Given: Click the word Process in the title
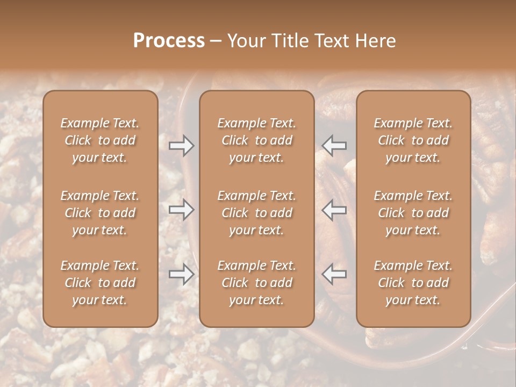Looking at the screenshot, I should (x=169, y=41).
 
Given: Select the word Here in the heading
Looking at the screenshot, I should (x=376, y=41).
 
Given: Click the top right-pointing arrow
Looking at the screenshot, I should (x=182, y=145).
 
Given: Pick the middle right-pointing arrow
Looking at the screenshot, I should (x=182, y=210).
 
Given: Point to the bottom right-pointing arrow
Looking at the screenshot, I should (x=182, y=274).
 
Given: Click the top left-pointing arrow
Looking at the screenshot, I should (x=334, y=145).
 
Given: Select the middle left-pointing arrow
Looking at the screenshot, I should (x=334, y=210).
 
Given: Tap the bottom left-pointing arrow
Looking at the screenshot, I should (x=334, y=274).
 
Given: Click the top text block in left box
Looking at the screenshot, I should (x=100, y=140).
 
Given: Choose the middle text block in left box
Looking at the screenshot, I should (x=100, y=213).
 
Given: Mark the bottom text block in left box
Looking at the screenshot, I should (x=100, y=283).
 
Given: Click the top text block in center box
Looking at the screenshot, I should (x=256, y=140).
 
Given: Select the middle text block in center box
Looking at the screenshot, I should (x=256, y=213).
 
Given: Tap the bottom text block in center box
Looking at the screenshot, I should (x=256, y=283).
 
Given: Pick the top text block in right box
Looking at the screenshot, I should (x=413, y=140).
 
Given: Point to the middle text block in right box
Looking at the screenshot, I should (x=413, y=213).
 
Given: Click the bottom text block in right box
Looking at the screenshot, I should (x=413, y=283).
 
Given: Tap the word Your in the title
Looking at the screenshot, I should (x=245, y=41).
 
